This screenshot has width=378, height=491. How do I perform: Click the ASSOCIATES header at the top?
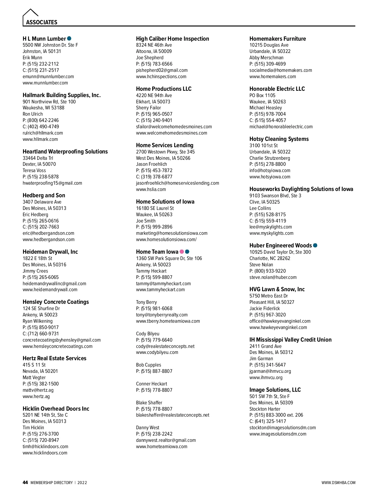pyautogui.click(x=42, y=22)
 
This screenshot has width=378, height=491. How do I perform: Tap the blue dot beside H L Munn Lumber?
pyautogui.click(x=69, y=38)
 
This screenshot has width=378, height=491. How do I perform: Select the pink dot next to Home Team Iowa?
pyautogui.click(x=182, y=251)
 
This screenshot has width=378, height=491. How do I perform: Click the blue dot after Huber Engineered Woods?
pyautogui.click(x=315, y=245)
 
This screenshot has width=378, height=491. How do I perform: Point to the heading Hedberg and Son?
pyautogui.click(x=44, y=195)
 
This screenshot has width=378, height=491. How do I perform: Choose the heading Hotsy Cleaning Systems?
pyautogui.click(x=279, y=139)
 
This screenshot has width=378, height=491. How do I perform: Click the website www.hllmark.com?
pyautogui.click(x=40, y=139)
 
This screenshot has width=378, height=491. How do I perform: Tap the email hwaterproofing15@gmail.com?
pyautogui.click(x=52, y=183)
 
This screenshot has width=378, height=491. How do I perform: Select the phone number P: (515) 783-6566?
pyautogui.click(x=154, y=64)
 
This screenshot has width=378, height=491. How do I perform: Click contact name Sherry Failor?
pyautogui.click(x=148, y=108)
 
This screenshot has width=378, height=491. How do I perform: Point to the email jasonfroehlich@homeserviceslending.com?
pyautogui.click(x=177, y=183)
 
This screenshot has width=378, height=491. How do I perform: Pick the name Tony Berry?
pyautogui.click(x=146, y=302)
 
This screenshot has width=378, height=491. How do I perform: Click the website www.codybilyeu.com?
pyautogui.click(x=157, y=352)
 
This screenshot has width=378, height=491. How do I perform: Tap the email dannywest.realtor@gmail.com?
pyautogui.click(x=166, y=440)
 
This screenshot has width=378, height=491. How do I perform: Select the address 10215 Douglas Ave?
pyautogui.click(x=269, y=45)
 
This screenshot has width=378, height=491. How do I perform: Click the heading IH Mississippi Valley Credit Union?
pyautogui.click(x=290, y=340)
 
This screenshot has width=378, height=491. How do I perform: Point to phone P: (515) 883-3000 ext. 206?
pyautogui.click(x=276, y=415)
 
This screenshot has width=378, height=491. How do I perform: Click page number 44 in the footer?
pyautogui.click(x=25, y=482)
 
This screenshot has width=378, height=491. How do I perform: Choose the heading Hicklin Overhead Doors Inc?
pyautogui.click(x=56, y=409)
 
